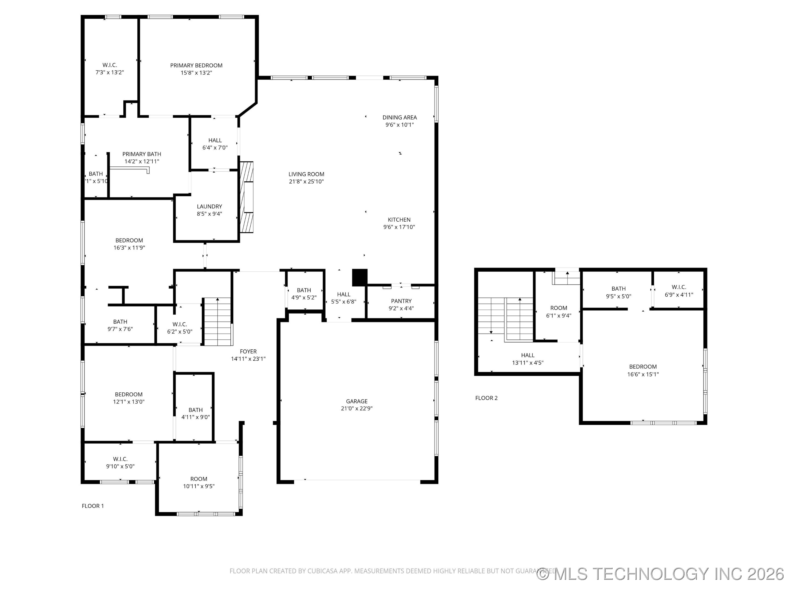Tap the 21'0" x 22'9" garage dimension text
[357, 409]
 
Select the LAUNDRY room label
[210, 207]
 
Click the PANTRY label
[401, 301]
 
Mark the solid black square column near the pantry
[360, 277]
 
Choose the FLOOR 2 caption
[486, 398]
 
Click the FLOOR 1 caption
[93, 506]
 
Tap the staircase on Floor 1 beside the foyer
[217, 322]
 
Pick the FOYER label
[248, 352]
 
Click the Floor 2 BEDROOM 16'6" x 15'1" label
[643, 367]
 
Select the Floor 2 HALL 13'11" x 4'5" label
[528, 355]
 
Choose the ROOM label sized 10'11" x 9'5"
[198, 479]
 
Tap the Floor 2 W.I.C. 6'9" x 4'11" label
[679, 287]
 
